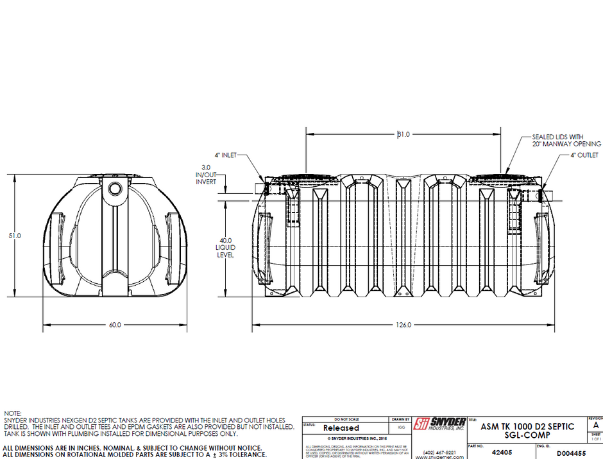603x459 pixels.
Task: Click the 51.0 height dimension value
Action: point(14,236)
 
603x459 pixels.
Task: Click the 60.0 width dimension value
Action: point(115,325)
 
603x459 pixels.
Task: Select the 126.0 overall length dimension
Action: point(403,325)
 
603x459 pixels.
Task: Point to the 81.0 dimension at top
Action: point(403,135)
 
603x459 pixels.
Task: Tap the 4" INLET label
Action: point(225,155)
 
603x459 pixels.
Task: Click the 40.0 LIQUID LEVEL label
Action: point(225,247)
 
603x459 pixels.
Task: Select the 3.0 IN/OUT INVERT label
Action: point(207,174)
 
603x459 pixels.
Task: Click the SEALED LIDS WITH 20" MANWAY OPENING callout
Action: point(566,140)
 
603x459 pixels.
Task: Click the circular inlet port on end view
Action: point(115,189)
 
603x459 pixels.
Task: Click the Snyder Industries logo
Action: point(439,424)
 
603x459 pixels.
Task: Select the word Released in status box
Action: point(341,428)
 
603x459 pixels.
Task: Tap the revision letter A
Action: point(596,425)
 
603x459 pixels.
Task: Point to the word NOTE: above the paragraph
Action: point(13,413)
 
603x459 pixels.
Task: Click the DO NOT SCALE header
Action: point(344,419)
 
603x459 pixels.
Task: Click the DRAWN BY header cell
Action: point(400,419)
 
